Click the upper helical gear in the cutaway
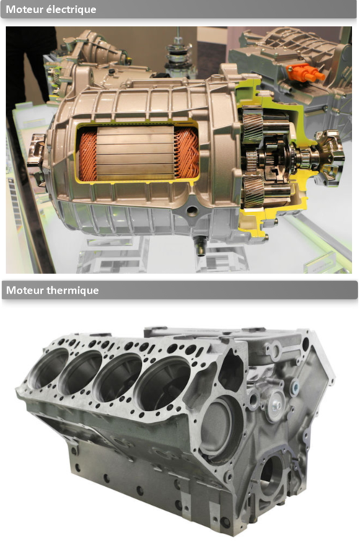point(253,126)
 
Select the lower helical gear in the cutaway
point(254,191)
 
